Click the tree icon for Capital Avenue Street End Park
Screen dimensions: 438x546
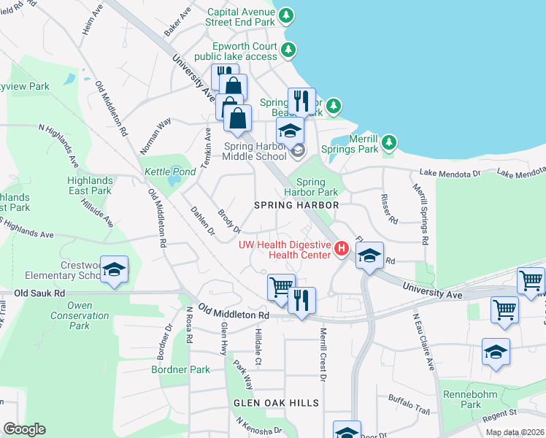pyautogui.click(x=287, y=15)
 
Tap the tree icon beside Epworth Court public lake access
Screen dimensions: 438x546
pyautogui.click(x=290, y=50)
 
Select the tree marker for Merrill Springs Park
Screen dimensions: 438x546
pyautogui.click(x=390, y=141)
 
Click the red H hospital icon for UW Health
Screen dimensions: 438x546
pyautogui.click(x=340, y=250)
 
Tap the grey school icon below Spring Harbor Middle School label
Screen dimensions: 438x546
pyautogui.click(x=297, y=151)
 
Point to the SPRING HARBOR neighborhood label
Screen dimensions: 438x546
pyautogui.click(x=296, y=205)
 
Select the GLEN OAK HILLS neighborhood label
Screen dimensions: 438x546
pyautogui.click(x=276, y=403)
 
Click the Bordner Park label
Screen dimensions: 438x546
pyautogui.click(x=180, y=369)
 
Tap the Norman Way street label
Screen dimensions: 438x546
pyautogui.click(x=155, y=135)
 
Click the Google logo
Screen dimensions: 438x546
pyautogui.click(x=23, y=429)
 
